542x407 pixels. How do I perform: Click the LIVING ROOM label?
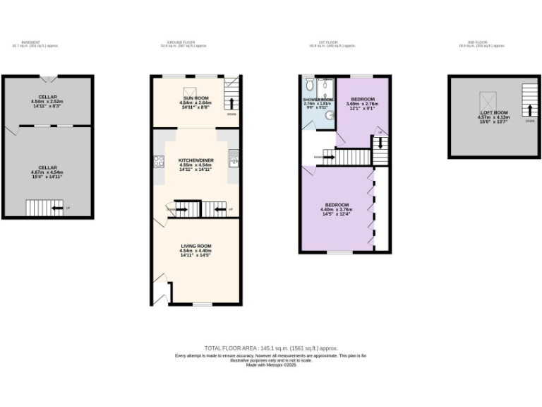point(195,246)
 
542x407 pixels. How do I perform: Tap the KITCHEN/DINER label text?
point(195,161)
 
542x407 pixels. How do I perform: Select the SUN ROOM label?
point(195,98)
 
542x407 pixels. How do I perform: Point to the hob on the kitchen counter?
point(159,160)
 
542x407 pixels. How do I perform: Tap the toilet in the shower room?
point(308,90)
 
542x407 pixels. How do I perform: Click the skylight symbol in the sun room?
point(190,91)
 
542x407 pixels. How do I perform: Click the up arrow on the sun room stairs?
point(232,102)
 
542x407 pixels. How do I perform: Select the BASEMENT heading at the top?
point(30,42)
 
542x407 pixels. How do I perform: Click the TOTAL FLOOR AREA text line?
point(271,348)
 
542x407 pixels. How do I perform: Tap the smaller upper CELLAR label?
point(47,96)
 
